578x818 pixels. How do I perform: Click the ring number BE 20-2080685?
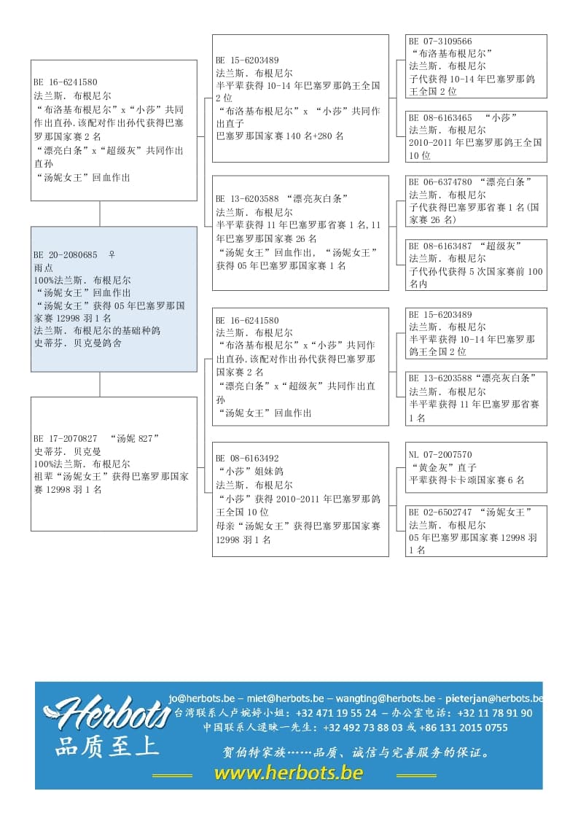(66, 255)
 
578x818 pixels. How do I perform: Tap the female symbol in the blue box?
(112, 255)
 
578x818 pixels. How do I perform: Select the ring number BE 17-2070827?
(66, 439)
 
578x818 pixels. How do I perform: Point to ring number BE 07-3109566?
(440, 42)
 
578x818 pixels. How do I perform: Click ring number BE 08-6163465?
(440, 117)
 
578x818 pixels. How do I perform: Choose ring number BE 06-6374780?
(440, 182)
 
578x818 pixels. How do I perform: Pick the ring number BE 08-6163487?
(440, 246)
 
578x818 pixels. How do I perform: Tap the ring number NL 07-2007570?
(440, 455)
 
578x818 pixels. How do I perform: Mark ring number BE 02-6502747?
(440, 513)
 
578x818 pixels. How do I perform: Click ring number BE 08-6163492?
(247, 459)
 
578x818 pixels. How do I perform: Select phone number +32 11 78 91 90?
(496, 713)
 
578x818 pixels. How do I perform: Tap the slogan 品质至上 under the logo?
(106, 747)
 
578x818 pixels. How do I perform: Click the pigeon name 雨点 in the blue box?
(44, 268)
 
